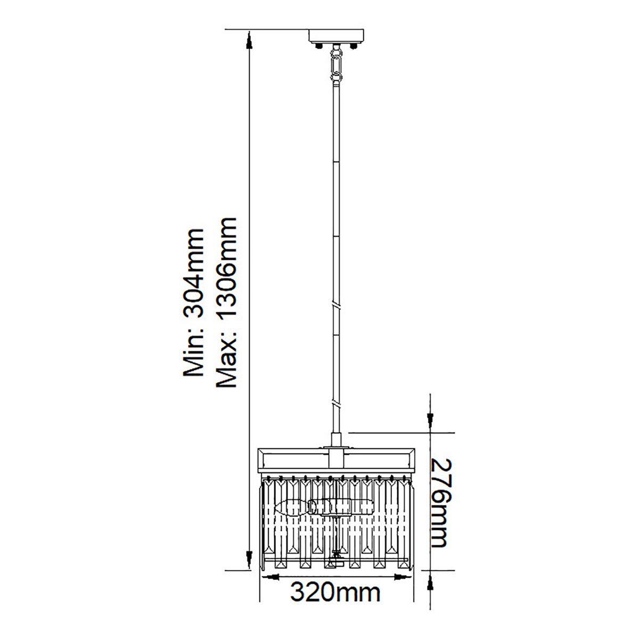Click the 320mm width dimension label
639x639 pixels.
point(335,593)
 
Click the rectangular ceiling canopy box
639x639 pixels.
point(336,36)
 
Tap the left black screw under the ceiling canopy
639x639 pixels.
point(318,45)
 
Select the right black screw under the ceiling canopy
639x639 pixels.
point(354,45)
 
